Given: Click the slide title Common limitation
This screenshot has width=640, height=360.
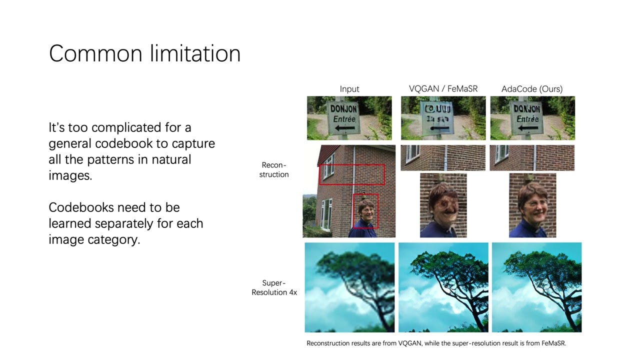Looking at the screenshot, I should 144,53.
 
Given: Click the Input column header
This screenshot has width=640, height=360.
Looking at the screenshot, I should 349,89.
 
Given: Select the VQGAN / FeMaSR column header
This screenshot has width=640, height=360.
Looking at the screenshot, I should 443,89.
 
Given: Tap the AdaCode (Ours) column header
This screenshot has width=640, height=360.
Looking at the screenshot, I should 532,89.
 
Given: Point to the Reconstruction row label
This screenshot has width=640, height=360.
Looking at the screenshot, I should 274,169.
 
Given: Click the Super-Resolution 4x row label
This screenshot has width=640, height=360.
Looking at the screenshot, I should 274,287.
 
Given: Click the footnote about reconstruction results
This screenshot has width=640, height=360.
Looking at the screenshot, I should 436,343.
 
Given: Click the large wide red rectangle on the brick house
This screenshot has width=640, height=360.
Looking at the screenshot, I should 352,174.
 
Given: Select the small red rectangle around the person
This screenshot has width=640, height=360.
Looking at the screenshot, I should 365,210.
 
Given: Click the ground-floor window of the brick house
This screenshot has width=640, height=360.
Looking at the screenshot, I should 326,214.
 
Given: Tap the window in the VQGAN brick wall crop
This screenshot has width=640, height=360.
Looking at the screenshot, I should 413,153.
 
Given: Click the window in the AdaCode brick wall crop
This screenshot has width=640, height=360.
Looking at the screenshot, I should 501,153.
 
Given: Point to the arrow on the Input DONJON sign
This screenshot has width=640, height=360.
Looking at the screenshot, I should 345,128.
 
